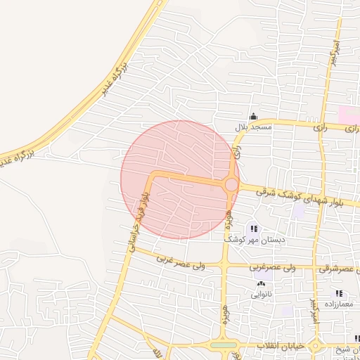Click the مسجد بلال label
tap(251, 127)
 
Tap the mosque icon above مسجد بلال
tap(253, 117)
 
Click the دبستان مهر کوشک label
tap(254, 240)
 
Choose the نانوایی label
tap(262, 295)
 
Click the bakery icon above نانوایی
tap(262, 283)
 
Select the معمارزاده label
tap(339, 304)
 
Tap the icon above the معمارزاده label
tap(339, 293)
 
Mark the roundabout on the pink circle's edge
tap(231, 184)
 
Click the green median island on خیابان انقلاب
tap(224, 345)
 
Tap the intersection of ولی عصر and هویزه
tap(224, 266)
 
